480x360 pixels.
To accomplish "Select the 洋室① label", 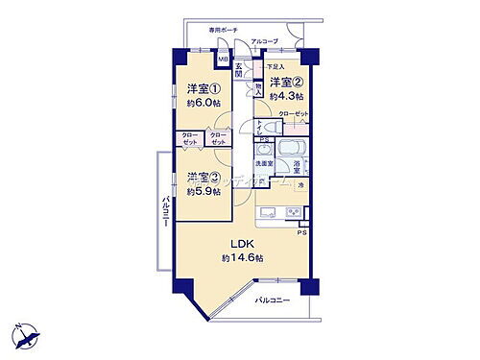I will (201, 89).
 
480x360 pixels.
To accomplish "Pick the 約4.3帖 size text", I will (285, 96).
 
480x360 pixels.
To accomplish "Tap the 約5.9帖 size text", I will (204, 191).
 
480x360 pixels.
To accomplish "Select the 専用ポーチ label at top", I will (224, 30).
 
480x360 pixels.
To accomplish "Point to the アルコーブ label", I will (264, 42).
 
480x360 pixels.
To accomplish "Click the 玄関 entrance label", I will (240, 70).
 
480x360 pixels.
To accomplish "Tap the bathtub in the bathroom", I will (292, 152).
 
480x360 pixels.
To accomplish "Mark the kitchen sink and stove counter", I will (282, 212).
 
